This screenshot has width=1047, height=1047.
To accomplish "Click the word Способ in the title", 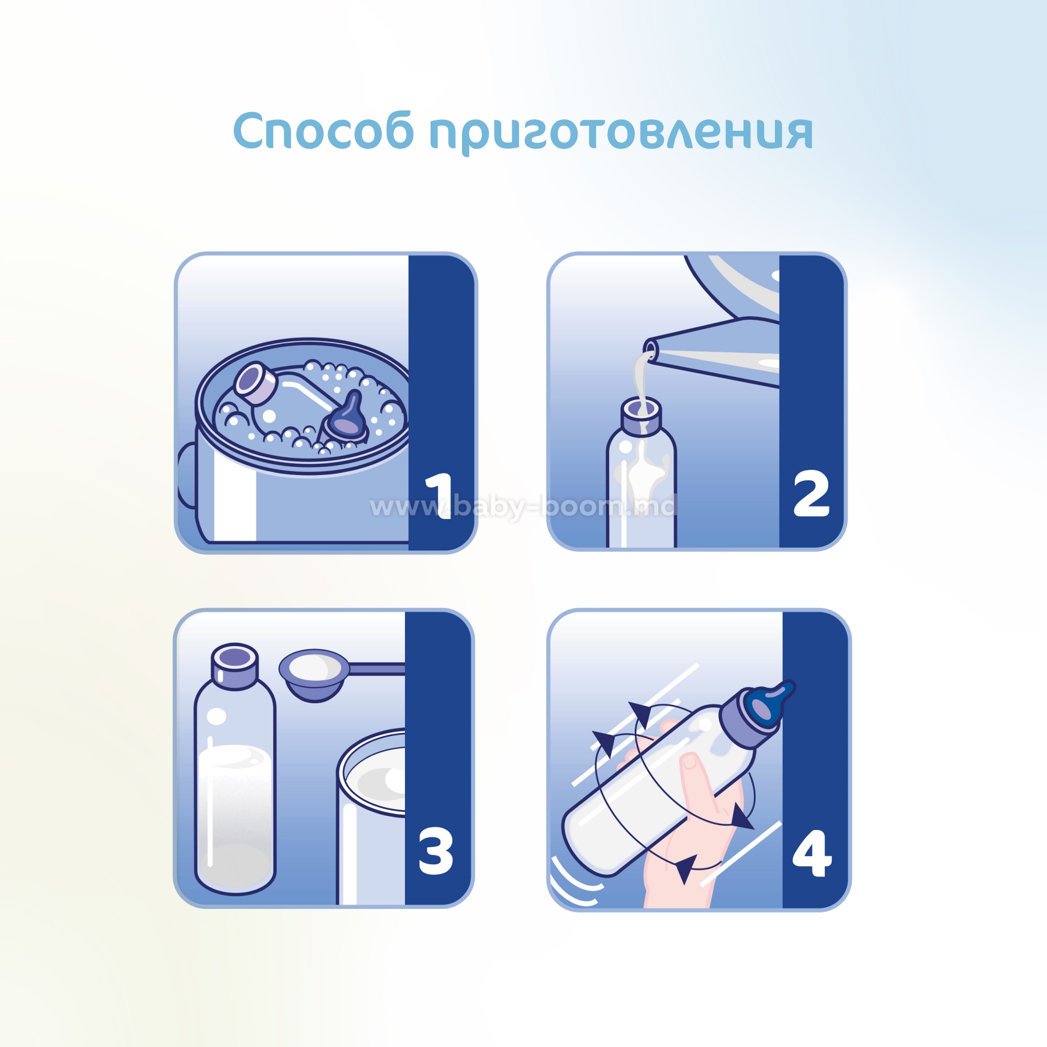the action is [x=323, y=131].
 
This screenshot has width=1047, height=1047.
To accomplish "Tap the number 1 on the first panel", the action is [x=440, y=496].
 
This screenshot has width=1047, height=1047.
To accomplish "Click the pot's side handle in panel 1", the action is [x=186, y=475].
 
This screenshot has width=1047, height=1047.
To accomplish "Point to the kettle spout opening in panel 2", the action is [x=650, y=351].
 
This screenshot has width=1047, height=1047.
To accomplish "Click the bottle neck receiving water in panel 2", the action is [x=641, y=415].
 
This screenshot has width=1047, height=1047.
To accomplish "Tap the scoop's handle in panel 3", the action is [x=377, y=669].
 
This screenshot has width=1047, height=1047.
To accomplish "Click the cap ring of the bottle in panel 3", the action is [x=234, y=667].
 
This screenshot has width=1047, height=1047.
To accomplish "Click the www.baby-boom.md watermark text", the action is [x=523, y=506].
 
